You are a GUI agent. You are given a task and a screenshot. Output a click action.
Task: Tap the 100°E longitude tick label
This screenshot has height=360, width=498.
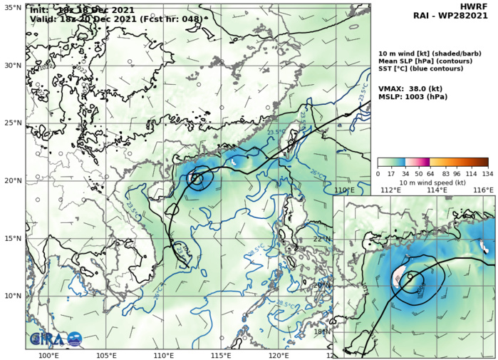[48, 355]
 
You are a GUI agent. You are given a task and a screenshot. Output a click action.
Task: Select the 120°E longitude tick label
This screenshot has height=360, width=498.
[279, 355]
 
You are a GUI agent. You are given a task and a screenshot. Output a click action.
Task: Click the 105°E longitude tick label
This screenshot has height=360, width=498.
[105, 355]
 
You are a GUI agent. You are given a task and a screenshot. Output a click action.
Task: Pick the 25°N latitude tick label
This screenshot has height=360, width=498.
[12, 123]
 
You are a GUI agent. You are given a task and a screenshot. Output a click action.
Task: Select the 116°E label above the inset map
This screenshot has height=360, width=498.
[483, 190]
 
